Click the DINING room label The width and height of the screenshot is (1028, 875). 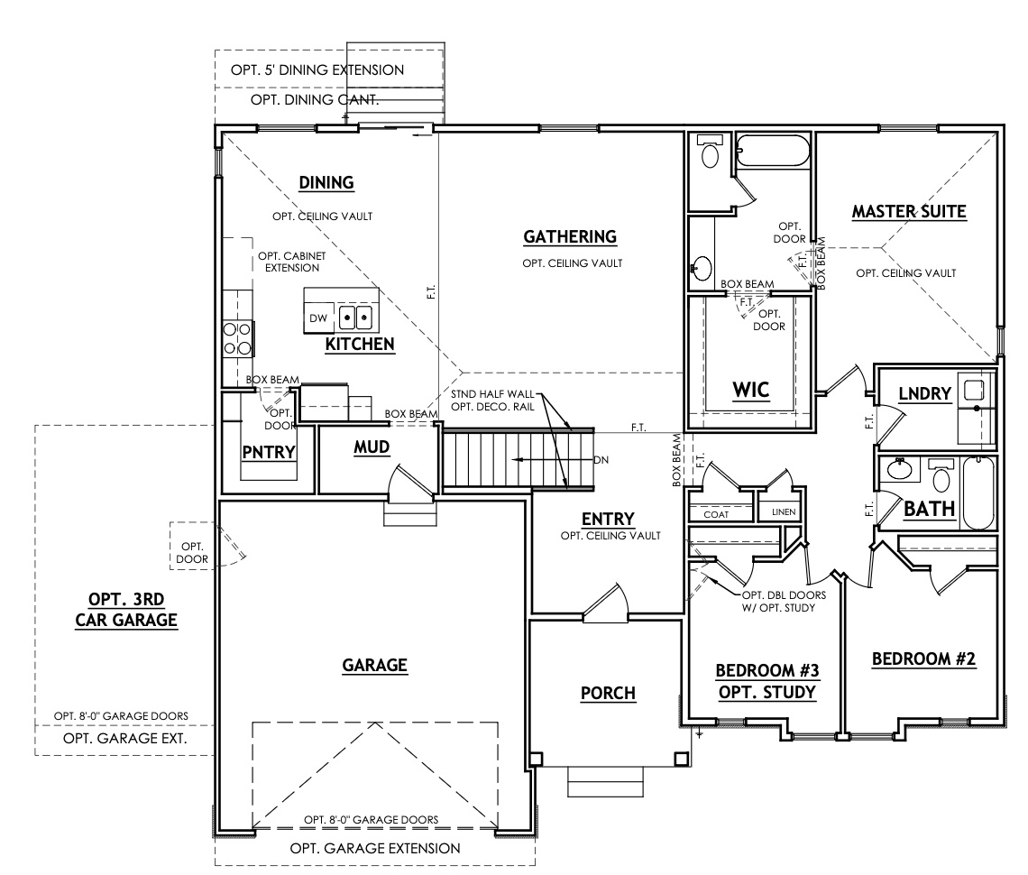326,183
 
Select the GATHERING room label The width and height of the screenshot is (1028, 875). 569,236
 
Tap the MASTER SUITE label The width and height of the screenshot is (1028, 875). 909,212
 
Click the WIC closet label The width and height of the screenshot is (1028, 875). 749,390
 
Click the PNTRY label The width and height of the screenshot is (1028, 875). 269,452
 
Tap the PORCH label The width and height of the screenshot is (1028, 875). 608,693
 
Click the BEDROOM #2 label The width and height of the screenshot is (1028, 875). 924,659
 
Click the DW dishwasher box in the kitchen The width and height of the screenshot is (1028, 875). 318,318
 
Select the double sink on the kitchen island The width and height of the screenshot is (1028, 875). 355,318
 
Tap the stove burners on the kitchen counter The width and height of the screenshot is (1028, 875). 237,338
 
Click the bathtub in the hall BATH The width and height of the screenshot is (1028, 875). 979,493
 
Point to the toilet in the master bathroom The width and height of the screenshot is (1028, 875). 711,153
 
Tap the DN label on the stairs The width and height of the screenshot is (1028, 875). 601,459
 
